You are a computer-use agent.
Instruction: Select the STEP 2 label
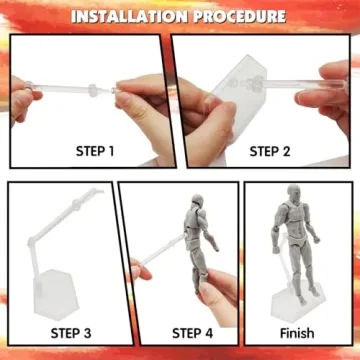(x=270, y=151)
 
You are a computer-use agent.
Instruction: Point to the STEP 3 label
(x=56, y=333)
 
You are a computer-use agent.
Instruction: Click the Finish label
(x=297, y=333)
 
